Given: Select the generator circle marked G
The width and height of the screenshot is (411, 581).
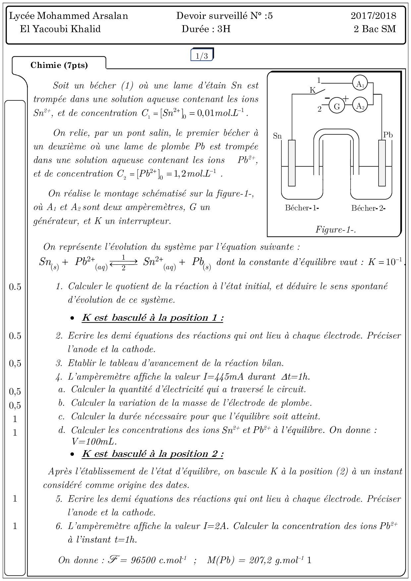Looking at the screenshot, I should pos(337,106).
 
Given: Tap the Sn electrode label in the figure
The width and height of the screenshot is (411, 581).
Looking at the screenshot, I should pos(277,136).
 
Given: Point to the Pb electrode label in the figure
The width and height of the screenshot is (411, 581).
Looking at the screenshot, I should pos(388,135).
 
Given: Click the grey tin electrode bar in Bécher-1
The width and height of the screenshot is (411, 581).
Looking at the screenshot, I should pos(292,163).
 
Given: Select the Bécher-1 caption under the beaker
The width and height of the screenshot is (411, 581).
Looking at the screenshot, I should pos(302,208).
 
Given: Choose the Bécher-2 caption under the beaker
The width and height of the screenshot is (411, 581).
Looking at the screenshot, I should pos(368,208).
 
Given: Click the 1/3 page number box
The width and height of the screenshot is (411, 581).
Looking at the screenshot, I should pos(202,56).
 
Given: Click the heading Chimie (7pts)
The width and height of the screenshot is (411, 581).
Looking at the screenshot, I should pos(59,65).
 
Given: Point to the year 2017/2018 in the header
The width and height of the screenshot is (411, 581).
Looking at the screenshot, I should pos(374,16).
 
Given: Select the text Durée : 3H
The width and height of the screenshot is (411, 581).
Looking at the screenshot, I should pos(206,29).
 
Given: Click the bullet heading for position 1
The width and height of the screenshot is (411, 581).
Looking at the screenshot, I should pos(152,318).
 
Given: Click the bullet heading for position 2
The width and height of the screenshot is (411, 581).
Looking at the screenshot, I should pos(152,454).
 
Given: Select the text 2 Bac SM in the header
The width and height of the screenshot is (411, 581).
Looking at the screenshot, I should pos(375,29).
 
